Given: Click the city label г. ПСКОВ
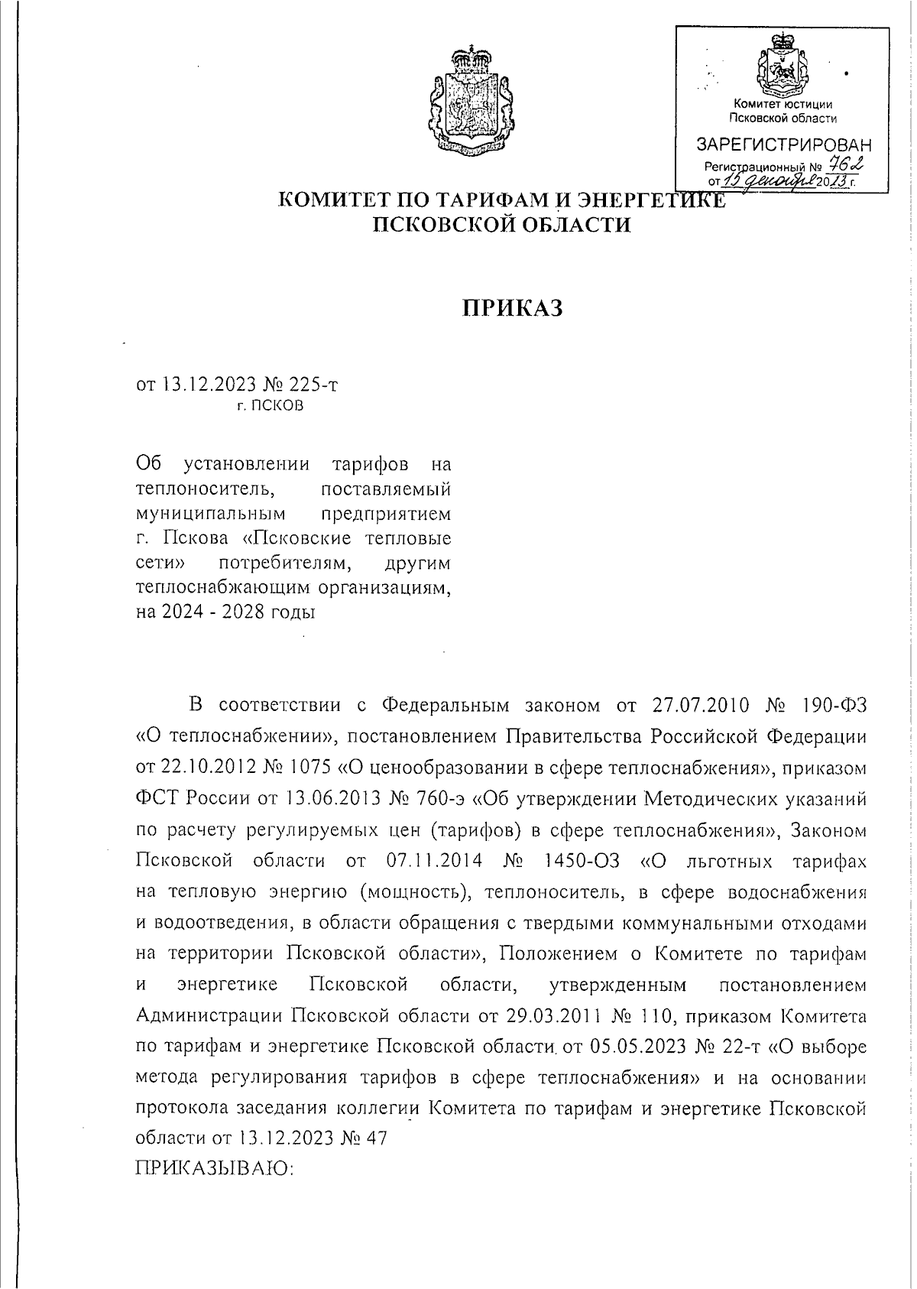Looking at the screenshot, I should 270,406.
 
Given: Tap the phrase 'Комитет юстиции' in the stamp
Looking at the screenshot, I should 783,105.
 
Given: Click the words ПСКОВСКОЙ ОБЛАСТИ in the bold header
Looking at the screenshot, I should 501,225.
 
